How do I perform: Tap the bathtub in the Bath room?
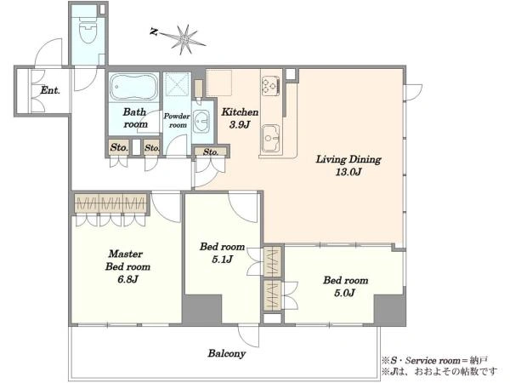pos(133,86)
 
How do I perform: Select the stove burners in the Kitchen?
pos(271,86)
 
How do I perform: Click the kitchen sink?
pos(270,139)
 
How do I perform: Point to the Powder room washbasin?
pos(201,122)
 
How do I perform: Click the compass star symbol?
pos(185,40)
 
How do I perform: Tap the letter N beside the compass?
pos(154,31)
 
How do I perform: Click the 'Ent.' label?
pos(50,90)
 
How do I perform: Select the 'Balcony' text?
pos(227,353)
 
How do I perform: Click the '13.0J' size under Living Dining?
pos(348,172)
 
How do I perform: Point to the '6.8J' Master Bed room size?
pos(127,279)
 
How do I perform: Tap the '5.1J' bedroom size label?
pos(222,260)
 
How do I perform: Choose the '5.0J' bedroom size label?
pos(345,293)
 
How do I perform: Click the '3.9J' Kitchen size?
pos(240,125)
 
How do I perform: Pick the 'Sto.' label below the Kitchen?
pos(211,151)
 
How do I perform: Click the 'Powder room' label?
pos(177,121)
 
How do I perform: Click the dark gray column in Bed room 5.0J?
pos(389,310)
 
